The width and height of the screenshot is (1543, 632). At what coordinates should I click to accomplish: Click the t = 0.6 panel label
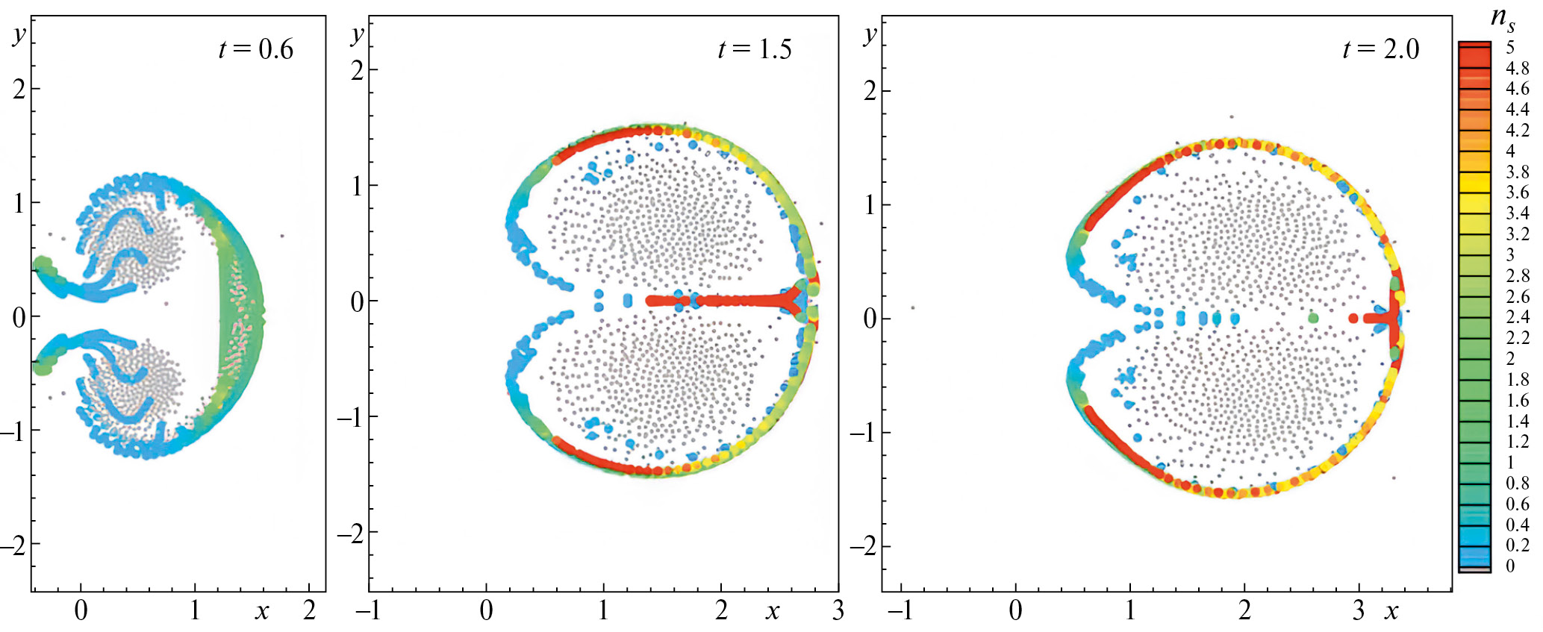(x=255, y=49)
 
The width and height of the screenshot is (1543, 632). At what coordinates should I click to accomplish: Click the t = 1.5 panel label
(x=754, y=49)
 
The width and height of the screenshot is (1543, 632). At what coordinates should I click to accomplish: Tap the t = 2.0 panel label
(x=1380, y=49)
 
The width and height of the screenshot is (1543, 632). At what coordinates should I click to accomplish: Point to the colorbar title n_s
(x=1502, y=18)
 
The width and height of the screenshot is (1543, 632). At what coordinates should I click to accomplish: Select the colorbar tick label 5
(x=1510, y=47)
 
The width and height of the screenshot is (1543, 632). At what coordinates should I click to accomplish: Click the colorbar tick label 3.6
(x=1517, y=193)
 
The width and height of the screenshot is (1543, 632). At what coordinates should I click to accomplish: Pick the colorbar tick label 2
(x=1510, y=358)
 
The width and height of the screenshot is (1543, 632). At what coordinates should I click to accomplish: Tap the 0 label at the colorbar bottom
(x=1510, y=566)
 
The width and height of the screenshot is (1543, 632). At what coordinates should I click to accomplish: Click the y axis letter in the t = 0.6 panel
(x=19, y=34)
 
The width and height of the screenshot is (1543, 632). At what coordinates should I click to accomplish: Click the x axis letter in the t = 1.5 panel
(x=773, y=611)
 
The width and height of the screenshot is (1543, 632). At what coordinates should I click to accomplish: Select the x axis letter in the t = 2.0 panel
(x=1391, y=611)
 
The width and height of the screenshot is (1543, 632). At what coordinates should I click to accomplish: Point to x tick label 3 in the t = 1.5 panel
(x=838, y=610)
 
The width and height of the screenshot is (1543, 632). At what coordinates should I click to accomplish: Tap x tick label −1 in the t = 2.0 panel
(x=900, y=610)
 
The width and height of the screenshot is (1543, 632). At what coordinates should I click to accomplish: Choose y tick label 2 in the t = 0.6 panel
(x=19, y=90)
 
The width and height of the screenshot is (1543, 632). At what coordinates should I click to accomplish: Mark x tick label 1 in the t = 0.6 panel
(x=195, y=610)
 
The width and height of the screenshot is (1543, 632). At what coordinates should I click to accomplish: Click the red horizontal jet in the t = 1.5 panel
(x=717, y=301)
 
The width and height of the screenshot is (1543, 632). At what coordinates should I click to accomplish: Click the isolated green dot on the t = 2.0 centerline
(x=1313, y=318)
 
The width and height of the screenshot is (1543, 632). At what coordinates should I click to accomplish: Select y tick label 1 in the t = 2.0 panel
(x=870, y=204)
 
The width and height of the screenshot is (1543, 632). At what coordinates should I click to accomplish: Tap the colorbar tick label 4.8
(x=1517, y=68)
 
